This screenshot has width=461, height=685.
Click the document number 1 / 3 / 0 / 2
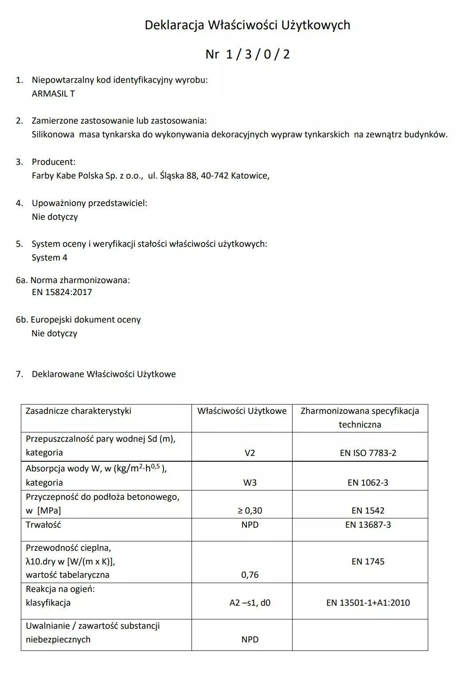tap(258, 54)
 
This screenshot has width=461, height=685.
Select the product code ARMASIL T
tap(53, 94)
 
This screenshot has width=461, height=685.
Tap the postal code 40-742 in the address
tap(215, 175)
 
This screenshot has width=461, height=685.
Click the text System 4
tap(49, 257)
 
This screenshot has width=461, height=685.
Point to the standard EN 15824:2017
tap(62, 292)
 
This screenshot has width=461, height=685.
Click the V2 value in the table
tap(250, 453)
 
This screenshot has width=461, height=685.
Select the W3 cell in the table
tap(250, 483)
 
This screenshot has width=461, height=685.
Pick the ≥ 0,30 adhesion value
tap(250, 510)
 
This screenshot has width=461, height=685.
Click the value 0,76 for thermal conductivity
tap(250, 575)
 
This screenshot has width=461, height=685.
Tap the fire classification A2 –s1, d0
tap(250, 603)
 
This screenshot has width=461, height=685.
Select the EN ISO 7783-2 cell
tap(368, 453)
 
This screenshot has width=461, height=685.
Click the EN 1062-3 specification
tap(368, 483)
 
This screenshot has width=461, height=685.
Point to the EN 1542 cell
tap(368, 510)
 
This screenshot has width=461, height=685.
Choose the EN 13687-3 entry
tap(368, 525)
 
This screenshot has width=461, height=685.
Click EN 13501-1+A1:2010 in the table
tap(368, 603)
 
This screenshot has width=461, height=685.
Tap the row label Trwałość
tap(43, 525)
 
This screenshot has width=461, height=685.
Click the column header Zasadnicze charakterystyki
tap(78, 411)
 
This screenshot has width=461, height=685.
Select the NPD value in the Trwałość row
tap(250, 525)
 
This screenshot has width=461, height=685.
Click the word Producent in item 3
tap(53, 162)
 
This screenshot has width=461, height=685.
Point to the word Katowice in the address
tap(250, 175)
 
